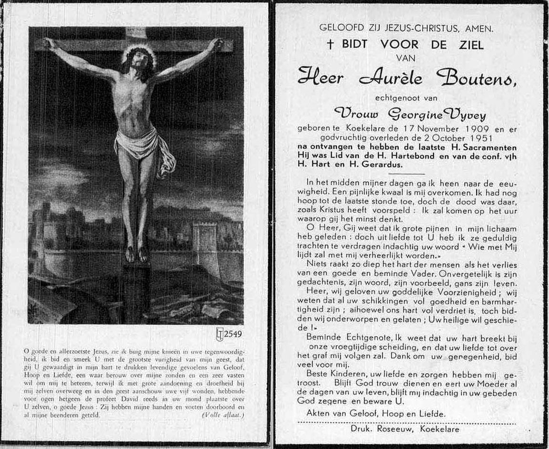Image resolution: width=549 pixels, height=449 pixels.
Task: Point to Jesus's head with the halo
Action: pos(139,60)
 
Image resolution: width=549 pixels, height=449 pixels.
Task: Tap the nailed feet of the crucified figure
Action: pos(136,254)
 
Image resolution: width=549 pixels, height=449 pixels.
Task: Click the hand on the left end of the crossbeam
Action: pos(49,44)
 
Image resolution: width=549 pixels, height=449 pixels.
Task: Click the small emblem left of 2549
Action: pos(220,334)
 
